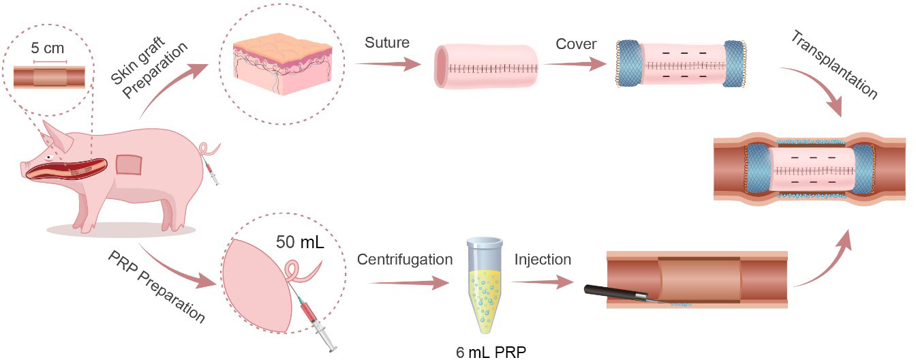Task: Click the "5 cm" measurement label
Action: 48,50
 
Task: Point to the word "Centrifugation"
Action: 404,260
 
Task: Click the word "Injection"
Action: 543,260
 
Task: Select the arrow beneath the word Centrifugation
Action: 405,282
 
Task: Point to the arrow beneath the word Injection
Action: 543,282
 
